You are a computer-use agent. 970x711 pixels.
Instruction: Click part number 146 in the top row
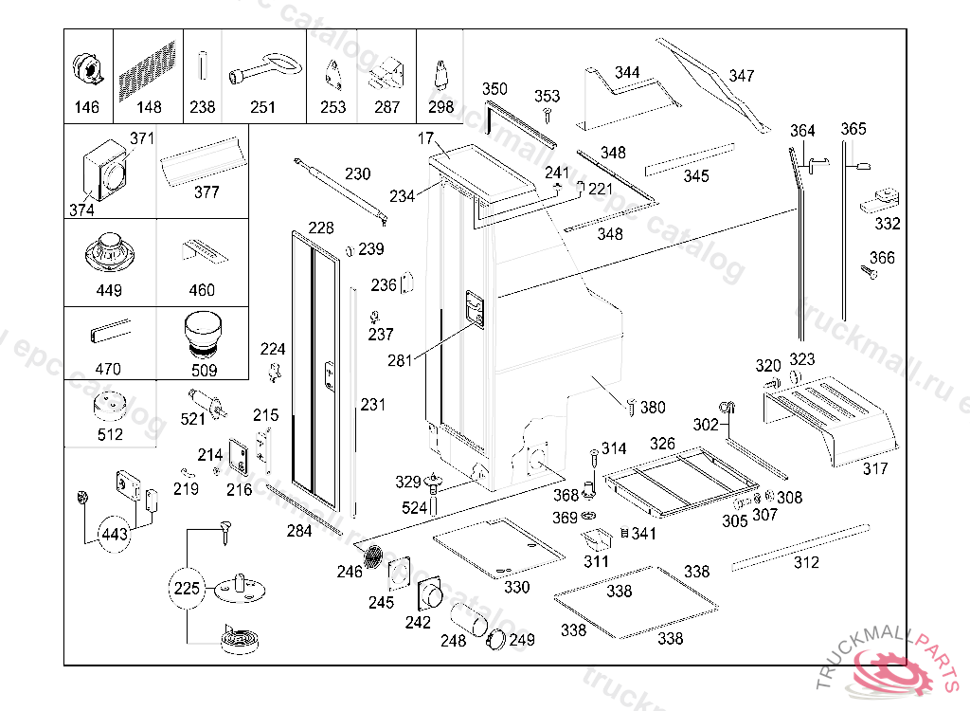(x=86, y=107)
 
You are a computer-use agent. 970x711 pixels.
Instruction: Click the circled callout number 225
(x=187, y=589)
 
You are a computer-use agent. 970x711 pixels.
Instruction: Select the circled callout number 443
(x=114, y=535)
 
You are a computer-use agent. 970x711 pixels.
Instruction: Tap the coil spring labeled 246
(x=376, y=556)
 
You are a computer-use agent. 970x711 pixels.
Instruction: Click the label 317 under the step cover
(x=875, y=468)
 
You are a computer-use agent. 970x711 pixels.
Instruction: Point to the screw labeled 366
(x=869, y=273)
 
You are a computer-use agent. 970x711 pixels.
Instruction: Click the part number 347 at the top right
(x=742, y=76)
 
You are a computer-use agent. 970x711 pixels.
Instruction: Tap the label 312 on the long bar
(x=806, y=562)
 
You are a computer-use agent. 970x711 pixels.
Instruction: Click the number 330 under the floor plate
(x=516, y=587)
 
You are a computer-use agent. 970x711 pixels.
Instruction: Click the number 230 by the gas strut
(x=357, y=173)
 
